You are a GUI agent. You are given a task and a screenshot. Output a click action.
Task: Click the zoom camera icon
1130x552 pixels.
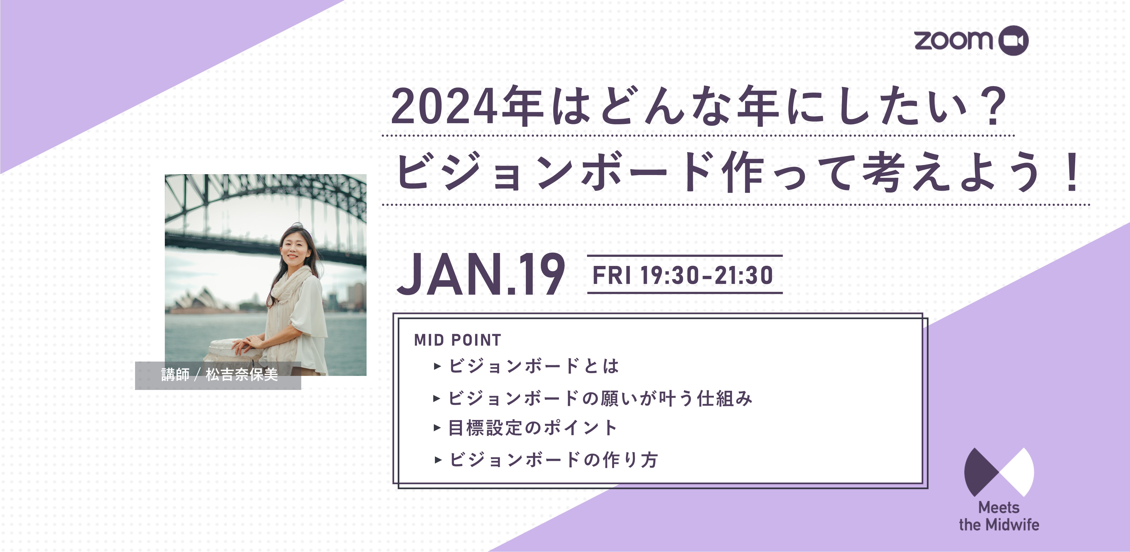click(1013, 40)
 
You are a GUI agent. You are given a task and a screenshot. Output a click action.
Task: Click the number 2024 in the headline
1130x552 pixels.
click(444, 107)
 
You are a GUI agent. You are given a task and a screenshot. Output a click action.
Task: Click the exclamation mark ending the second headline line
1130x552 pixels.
click(1072, 172)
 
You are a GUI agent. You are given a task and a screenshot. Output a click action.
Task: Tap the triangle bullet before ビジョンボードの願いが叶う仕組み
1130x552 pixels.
click(437, 398)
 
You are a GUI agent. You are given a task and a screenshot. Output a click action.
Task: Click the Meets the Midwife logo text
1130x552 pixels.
click(999, 516)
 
